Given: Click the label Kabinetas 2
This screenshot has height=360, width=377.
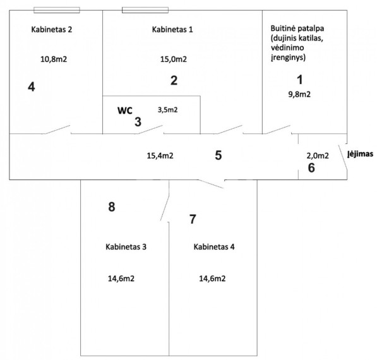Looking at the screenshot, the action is click(51, 30).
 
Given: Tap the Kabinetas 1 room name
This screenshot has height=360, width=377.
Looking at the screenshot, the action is click(172, 30).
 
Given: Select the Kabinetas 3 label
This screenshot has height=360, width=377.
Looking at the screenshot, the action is click(126, 247).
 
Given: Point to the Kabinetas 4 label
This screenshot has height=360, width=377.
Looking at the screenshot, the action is click(214, 247).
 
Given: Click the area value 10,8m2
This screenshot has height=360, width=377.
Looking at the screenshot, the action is click(54, 59).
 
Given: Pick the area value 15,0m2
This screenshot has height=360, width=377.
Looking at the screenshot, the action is click(174, 59).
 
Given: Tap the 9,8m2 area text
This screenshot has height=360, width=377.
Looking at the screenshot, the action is click(299, 94).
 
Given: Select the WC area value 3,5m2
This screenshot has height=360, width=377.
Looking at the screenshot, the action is click(168, 110).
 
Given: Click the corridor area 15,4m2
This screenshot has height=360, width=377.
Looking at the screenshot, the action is click(160, 155).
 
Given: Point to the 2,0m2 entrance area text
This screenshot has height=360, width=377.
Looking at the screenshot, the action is click(318, 156).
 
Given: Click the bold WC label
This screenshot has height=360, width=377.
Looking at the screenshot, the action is click(125, 111).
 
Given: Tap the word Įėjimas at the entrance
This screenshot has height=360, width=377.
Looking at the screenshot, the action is click(361, 154).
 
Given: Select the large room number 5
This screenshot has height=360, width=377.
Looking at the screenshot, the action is click(218, 155).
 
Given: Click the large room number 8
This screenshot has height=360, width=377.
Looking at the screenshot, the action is click(112, 207).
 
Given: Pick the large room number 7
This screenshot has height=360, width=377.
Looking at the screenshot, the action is click(193, 219).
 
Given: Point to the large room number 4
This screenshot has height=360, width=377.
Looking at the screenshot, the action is click(32, 87).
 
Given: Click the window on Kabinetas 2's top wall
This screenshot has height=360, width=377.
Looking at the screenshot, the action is click(57, 10).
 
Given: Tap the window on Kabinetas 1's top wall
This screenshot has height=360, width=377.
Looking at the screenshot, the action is click(145, 10).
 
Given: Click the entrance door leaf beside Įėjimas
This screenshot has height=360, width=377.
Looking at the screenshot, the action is click(343, 157).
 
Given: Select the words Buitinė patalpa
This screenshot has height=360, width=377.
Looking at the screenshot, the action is click(297, 28).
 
